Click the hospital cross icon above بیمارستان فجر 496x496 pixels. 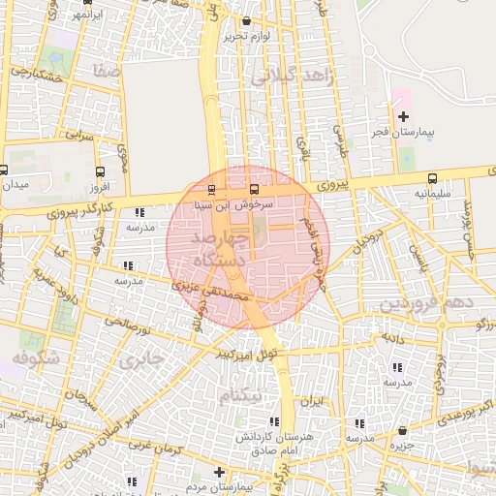click(403, 117)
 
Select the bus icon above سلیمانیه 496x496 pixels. click(432, 179)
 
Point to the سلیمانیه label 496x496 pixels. click(432, 194)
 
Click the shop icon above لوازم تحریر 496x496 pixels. click(246, 21)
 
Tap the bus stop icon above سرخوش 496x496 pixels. click(255, 190)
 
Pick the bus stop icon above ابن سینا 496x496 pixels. click(212, 190)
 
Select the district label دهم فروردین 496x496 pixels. click(427, 304)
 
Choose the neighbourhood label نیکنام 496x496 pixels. click(241, 396)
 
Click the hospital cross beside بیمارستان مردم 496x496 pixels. click(221, 472)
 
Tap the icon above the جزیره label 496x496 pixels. click(403, 430)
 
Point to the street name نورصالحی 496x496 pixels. click(128, 323)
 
